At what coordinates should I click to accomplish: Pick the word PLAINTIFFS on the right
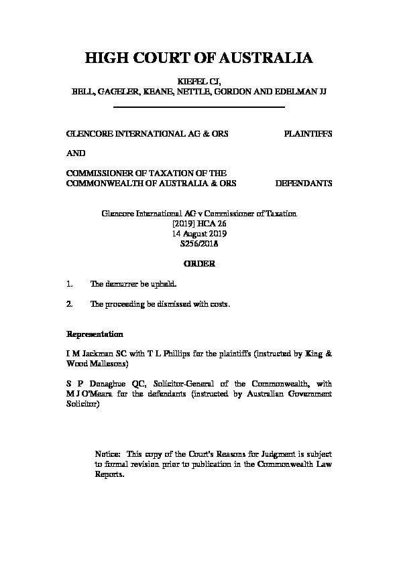tap(308, 133)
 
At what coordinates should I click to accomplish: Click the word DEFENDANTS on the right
tap(304, 183)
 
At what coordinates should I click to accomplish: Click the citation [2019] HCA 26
tap(199, 224)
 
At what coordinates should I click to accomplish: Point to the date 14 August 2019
tap(199, 234)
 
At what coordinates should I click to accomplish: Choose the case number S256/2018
tap(199, 244)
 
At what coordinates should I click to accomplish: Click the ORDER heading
tap(199, 264)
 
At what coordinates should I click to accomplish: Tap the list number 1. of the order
tap(70, 284)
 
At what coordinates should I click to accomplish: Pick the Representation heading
tap(94, 334)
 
